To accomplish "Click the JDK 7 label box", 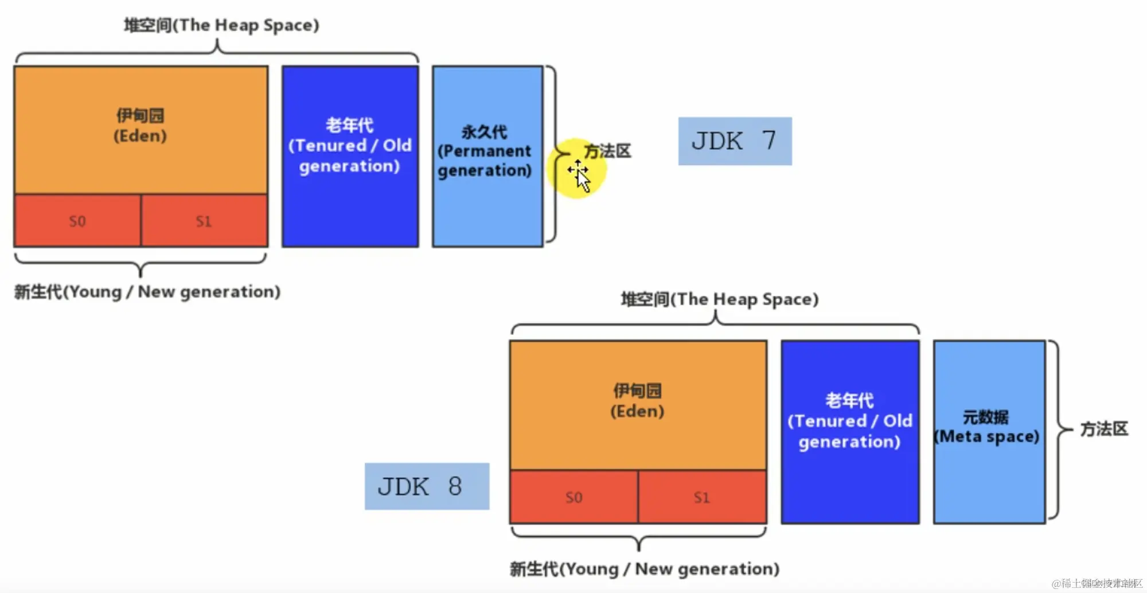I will pos(735,141).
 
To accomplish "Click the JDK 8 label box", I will pos(427,486).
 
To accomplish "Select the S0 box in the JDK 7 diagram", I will pos(77,221).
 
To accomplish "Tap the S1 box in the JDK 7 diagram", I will pos(204,221).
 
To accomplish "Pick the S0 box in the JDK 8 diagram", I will pos(573,497).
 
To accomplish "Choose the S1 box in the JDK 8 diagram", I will pos(702,497).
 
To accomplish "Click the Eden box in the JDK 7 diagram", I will pos(141,129).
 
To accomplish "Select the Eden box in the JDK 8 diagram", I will pos(638,404).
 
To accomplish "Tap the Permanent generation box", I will pos(487,156).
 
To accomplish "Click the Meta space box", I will pos(989,431).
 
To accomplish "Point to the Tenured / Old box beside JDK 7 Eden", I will pos(350,156).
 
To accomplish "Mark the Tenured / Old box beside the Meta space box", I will pos(850,431).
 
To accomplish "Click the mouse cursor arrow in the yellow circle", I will pos(582,180).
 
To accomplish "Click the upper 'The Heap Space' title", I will pos(221,25).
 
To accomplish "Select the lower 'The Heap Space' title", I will pos(719,299).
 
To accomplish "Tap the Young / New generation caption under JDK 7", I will pos(147,292).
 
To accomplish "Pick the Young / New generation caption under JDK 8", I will pos(645,569).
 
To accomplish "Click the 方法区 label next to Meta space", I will pos(1104,429).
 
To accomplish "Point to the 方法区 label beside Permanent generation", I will pos(608,151).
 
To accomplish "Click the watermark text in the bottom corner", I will pos(1097,583).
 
